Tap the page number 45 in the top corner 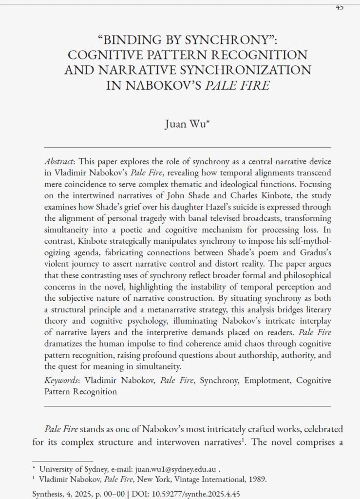click(x=340, y=6)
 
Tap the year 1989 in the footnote click(x=256, y=479)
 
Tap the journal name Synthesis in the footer click(x=48, y=494)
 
